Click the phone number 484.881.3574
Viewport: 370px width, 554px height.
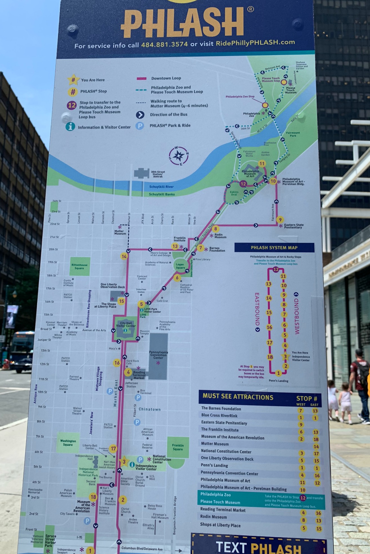[x=164, y=44]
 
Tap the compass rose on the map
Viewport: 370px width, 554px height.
[x=178, y=156]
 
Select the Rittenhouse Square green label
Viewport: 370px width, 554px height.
[x=79, y=266]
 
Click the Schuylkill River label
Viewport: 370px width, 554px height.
[x=161, y=187]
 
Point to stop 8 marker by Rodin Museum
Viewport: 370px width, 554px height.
[x=215, y=229]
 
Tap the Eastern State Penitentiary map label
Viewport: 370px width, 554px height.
[x=293, y=226]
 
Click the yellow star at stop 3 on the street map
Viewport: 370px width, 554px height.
[x=124, y=461]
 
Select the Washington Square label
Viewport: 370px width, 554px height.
[x=68, y=443]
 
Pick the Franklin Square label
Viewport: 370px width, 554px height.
[x=178, y=447]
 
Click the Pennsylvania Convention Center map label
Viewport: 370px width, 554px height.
[x=159, y=355]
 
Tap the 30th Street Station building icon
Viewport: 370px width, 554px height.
[x=142, y=173]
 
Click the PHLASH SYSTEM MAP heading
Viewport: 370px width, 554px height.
[x=274, y=248]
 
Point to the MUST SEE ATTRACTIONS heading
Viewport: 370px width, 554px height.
[x=238, y=397]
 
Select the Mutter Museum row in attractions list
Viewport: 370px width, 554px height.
[x=215, y=444]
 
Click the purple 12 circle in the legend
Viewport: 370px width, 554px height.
[x=72, y=105]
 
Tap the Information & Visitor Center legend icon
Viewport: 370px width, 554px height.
[x=70, y=127]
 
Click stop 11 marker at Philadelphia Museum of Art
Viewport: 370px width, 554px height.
[x=262, y=163]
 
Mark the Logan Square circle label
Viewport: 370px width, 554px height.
[x=180, y=266]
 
